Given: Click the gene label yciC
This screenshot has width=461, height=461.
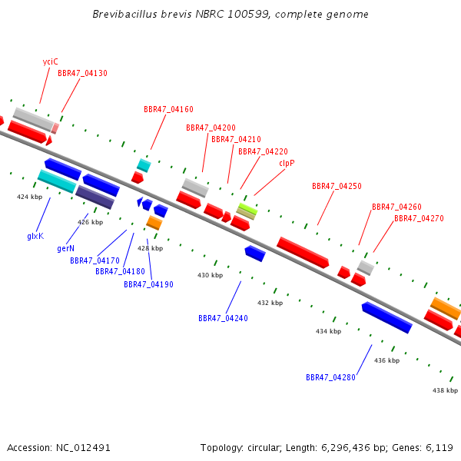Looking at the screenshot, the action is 50,61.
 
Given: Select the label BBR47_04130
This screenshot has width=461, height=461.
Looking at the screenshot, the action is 82,73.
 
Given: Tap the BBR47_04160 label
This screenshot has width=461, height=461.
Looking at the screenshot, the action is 168,109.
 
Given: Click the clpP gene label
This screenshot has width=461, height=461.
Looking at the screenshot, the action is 287,163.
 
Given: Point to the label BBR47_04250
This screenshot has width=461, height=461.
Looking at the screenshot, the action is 337,186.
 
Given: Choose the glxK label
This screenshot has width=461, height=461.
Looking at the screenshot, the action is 35,236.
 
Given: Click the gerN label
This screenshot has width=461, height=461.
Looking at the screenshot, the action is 65,249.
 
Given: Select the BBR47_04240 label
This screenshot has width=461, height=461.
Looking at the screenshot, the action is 223,318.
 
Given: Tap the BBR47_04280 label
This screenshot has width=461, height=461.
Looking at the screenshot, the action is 330,377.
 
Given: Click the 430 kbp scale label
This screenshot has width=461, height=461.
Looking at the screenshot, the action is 211,275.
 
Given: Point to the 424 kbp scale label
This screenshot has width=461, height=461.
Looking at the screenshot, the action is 30,197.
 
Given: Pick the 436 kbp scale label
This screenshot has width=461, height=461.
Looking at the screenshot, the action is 387,360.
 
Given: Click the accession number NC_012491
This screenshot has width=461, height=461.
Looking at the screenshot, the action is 83,448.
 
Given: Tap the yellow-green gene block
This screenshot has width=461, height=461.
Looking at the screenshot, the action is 247,208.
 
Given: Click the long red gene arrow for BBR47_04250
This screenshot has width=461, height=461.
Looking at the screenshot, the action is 303,253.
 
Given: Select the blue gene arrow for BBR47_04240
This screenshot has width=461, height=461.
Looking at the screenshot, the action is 255,254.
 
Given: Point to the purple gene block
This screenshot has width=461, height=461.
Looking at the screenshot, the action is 95,197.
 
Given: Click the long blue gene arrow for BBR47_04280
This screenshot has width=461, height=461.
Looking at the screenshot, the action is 387,317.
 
